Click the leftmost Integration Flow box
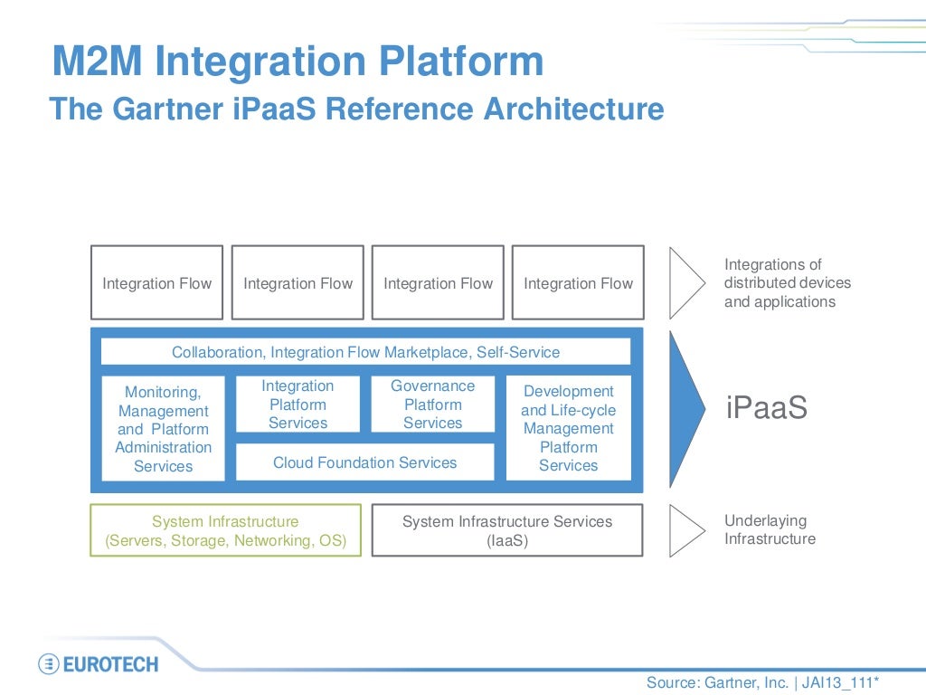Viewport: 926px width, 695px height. [x=156, y=282]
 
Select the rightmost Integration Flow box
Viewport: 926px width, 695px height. [x=578, y=282]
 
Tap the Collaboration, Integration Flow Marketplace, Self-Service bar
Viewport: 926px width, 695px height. [x=365, y=352]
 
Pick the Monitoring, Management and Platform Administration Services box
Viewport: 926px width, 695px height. [x=163, y=429]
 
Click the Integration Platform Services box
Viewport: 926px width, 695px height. [x=298, y=405]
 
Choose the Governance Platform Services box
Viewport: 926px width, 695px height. [x=432, y=405]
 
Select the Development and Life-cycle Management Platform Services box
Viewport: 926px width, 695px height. [x=568, y=428]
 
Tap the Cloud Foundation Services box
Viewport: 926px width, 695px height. [x=364, y=462]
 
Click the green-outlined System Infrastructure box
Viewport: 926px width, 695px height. [x=225, y=531]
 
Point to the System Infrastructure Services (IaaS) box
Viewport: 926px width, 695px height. [x=506, y=531]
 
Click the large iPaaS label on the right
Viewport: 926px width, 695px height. [x=767, y=408]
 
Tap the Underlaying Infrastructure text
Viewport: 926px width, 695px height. [x=770, y=530]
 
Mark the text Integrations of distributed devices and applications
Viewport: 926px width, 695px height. [x=787, y=283]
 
